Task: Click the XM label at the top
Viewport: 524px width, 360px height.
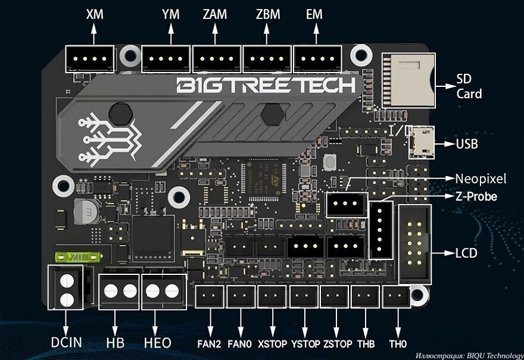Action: pos(94,14)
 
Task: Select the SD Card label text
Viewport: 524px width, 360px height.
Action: pos(469,86)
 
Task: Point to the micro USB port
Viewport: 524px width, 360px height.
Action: pos(422,142)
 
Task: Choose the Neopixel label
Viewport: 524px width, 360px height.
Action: pos(480,178)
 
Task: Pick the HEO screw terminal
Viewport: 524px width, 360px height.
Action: pos(163,292)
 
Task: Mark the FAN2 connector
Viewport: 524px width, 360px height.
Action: pos(210,296)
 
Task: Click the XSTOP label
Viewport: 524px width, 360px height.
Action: pos(273,343)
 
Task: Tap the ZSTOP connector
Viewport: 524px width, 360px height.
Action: pos(335,296)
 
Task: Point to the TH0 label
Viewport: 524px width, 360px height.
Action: pos(397,343)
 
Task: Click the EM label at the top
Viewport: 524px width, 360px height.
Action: pos(314,14)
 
